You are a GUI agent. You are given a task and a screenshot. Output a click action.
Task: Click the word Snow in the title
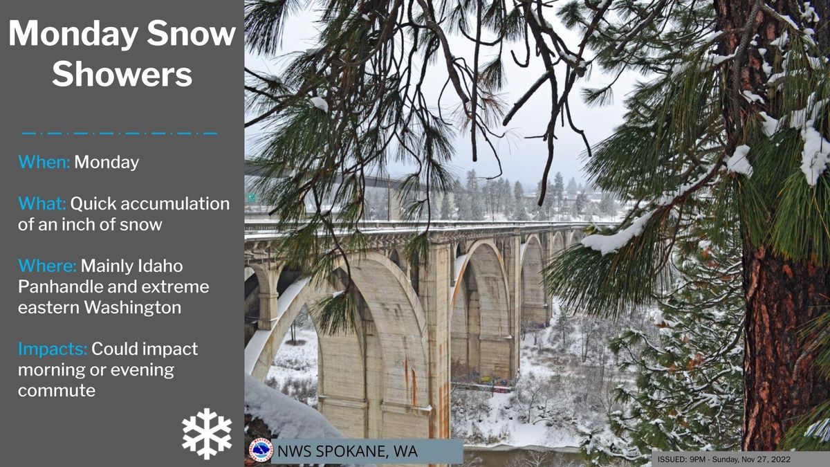click(191, 33)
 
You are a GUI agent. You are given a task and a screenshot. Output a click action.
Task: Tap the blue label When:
click(44, 162)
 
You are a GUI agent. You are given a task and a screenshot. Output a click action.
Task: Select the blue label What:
click(42, 203)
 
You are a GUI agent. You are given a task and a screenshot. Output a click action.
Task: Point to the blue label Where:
click(47, 266)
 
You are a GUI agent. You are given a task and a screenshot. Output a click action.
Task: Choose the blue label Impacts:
click(53, 349)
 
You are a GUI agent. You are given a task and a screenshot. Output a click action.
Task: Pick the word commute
click(57, 391)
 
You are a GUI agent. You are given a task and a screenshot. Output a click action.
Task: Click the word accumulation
click(175, 203)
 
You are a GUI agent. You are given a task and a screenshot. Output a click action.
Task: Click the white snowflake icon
click(207, 434)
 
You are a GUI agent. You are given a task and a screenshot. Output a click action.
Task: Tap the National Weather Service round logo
click(261, 450)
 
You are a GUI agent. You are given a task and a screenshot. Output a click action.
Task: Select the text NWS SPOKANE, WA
click(347, 451)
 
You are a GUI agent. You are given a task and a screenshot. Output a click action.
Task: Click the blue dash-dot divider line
click(120, 134)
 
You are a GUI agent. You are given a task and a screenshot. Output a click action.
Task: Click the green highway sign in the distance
click(252, 198)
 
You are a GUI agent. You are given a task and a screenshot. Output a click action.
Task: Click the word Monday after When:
click(107, 163)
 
